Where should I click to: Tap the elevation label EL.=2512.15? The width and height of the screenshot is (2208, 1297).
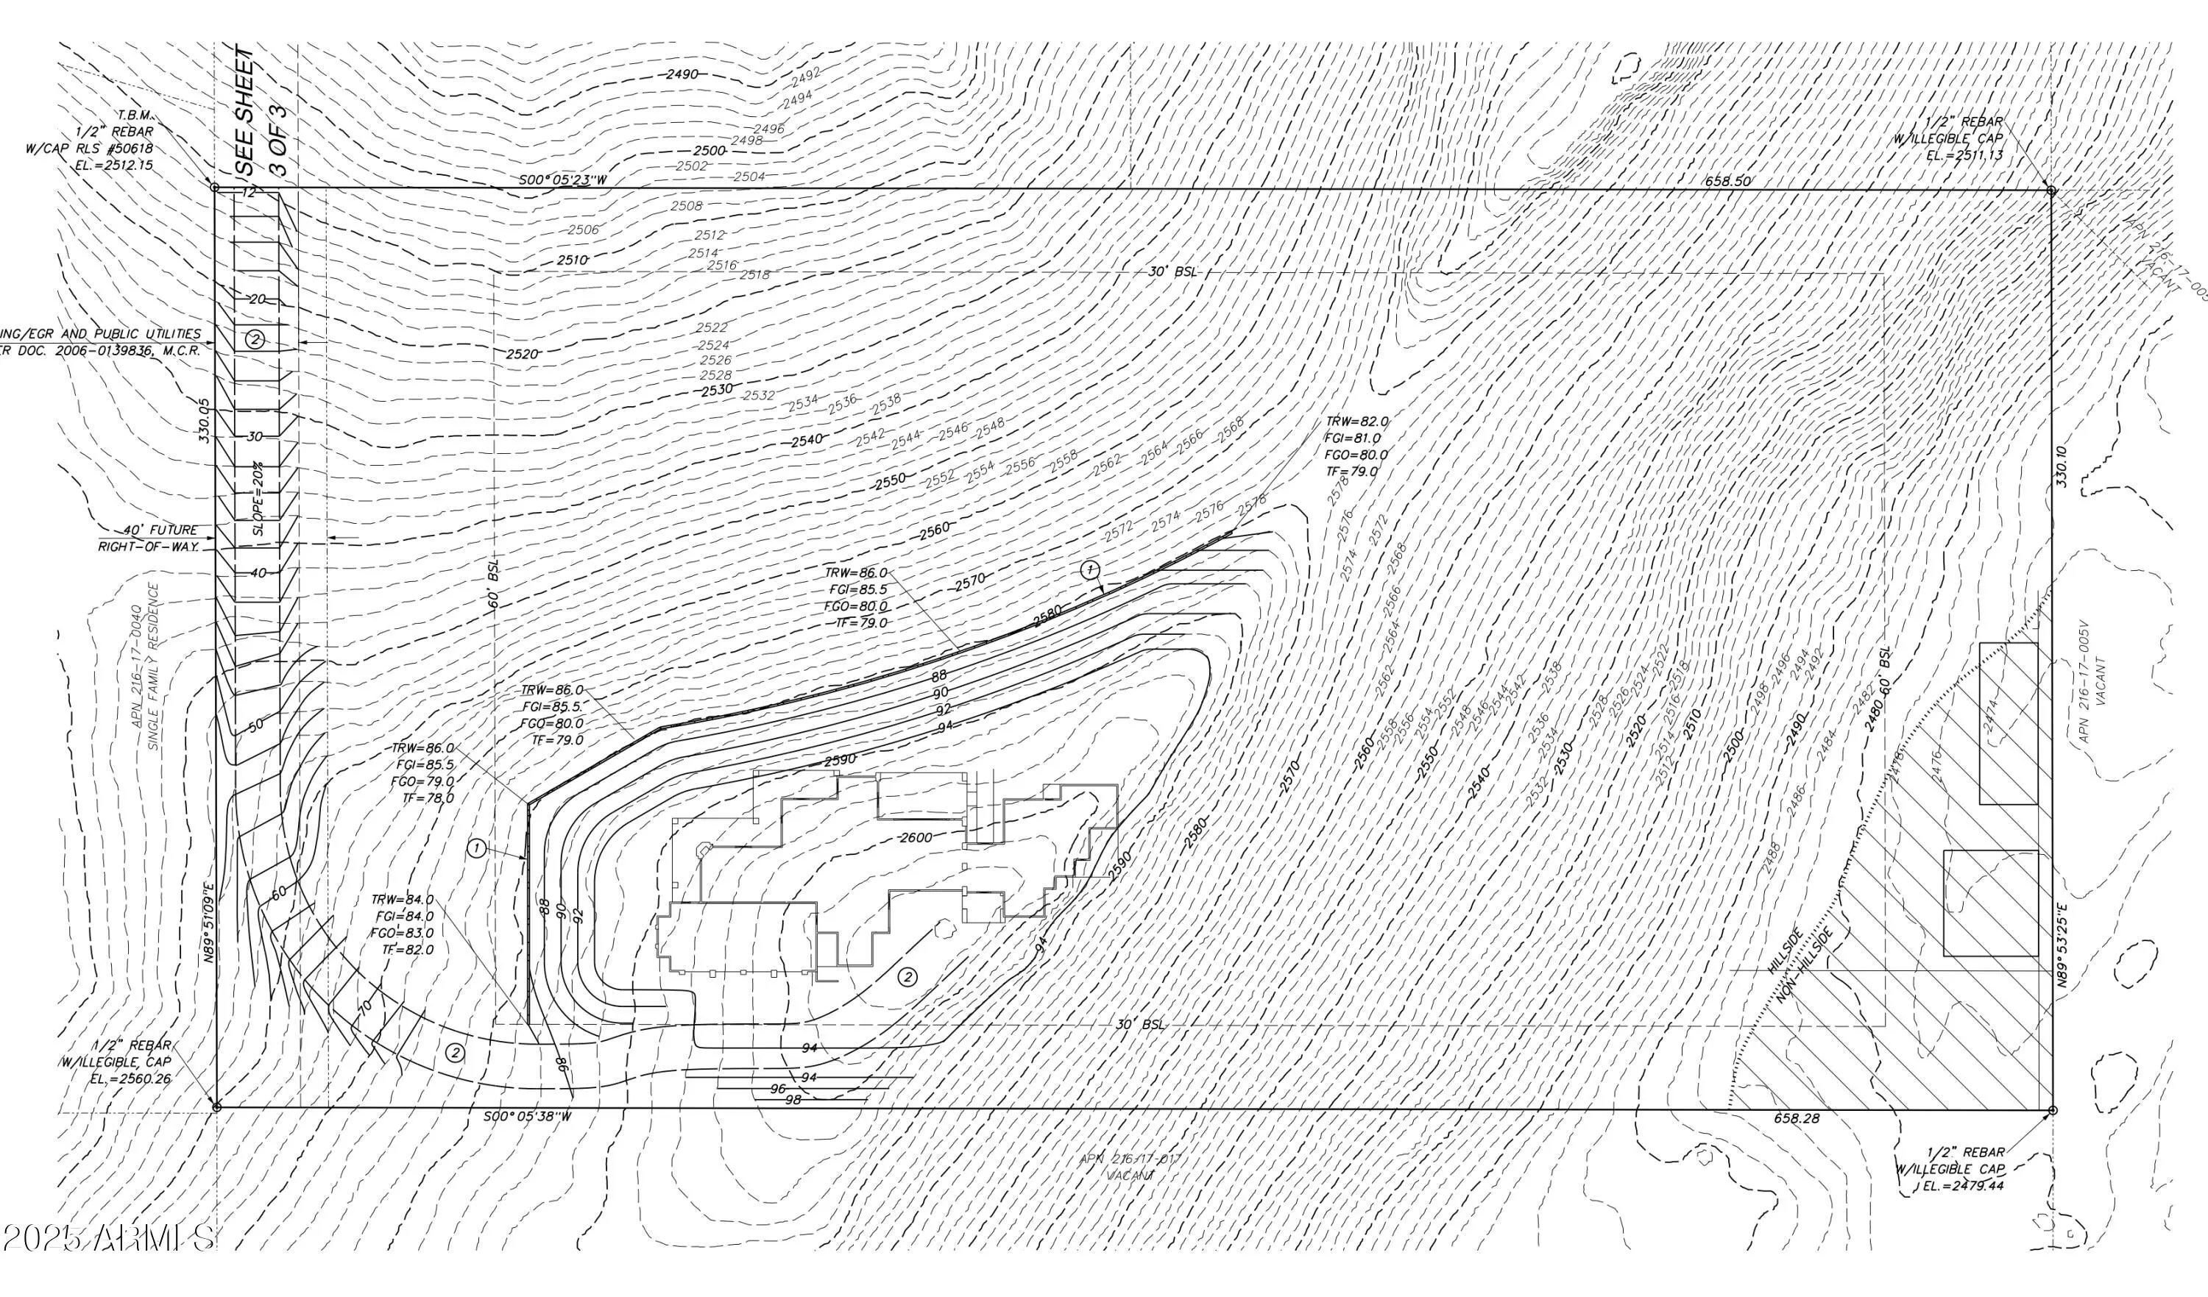click(115, 164)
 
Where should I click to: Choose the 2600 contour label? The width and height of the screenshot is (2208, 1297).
click(916, 837)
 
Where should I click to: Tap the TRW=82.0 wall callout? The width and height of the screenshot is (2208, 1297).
click(1356, 422)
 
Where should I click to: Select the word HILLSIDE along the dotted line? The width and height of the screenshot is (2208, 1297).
click(1784, 951)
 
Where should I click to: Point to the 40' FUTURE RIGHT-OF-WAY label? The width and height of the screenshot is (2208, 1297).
click(149, 539)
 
